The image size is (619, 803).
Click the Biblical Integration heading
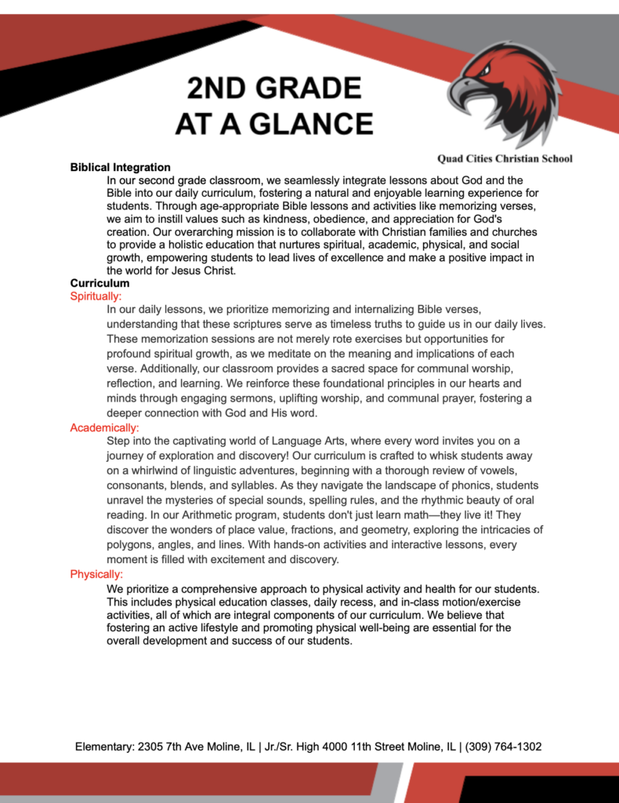[120, 167]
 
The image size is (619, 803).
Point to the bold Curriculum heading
[100, 283]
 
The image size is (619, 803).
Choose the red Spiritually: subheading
[96, 296]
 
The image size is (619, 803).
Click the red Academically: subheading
[104, 427]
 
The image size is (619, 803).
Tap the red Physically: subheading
[96, 574]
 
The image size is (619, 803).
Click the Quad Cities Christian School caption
[505, 158]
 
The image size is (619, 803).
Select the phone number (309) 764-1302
[503, 747]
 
